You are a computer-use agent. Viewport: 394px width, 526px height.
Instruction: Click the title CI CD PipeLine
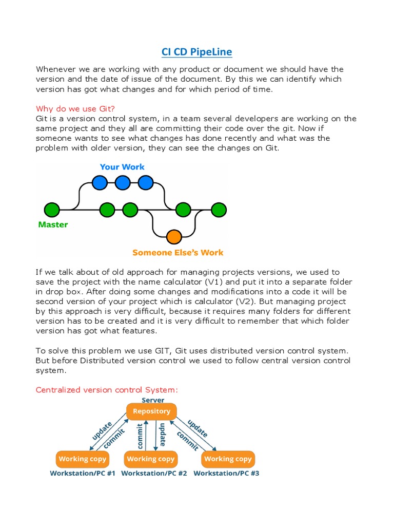(x=196, y=51)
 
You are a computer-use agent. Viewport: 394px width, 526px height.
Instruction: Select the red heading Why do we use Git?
(x=75, y=108)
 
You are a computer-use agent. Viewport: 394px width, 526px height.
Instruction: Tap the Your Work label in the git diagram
(x=122, y=167)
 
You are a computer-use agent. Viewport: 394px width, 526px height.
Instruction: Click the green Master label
(x=53, y=224)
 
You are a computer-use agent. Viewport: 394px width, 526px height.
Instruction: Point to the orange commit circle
(x=174, y=237)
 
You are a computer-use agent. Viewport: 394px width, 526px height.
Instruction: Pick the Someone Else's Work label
(x=178, y=252)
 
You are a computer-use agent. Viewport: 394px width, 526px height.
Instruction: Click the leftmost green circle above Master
(x=52, y=210)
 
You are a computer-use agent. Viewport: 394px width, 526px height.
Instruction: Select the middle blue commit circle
(x=123, y=182)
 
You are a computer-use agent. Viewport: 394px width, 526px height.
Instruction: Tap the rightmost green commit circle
(x=219, y=210)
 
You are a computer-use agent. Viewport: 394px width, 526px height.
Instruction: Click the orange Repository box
(x=151, y=411)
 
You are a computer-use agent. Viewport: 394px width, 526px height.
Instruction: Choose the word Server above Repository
(x=153, y=400)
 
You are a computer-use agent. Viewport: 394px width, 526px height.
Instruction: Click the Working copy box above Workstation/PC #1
(x=82, y=459)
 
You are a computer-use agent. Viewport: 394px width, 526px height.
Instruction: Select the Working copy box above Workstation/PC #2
(x=150, y=459)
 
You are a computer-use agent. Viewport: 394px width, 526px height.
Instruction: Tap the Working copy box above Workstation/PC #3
(x=228, y=459)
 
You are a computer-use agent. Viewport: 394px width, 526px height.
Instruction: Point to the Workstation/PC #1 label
(x=83, y=473)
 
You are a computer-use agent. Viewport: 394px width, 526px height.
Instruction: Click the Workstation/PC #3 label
(x=226, y=473)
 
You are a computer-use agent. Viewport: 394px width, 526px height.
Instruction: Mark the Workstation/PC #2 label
(x=154, y=473)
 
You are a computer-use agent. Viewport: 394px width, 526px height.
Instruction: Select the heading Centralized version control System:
(x=107, y=390)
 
